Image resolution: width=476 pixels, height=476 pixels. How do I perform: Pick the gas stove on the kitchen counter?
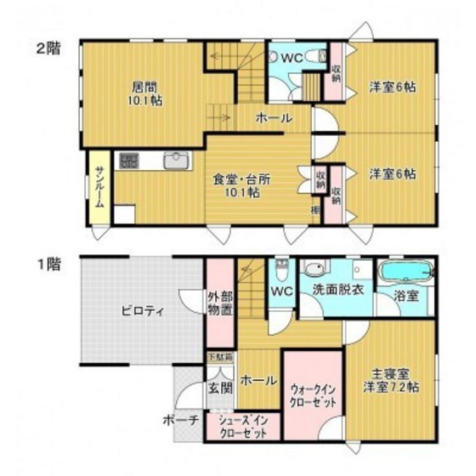[128, 160]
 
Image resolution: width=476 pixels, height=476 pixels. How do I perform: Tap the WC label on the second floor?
[291, 58]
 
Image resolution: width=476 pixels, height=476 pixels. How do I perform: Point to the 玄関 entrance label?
[220, 388]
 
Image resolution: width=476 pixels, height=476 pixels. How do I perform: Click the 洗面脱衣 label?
[336, 289]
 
